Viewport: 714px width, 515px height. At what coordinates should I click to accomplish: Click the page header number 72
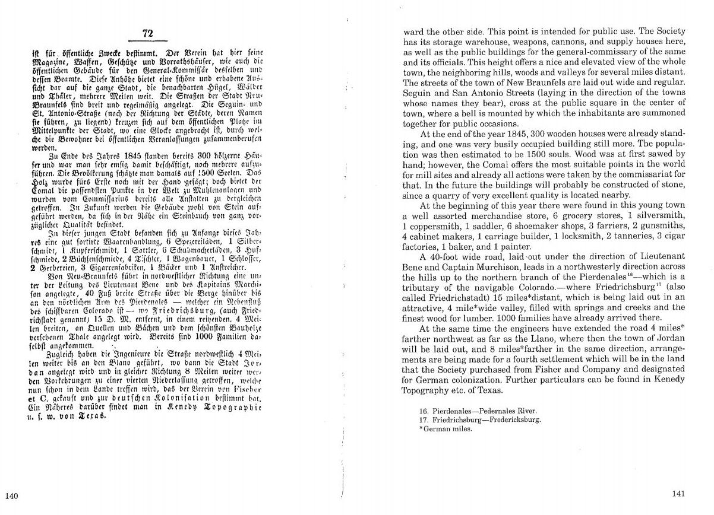click(148, 33)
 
